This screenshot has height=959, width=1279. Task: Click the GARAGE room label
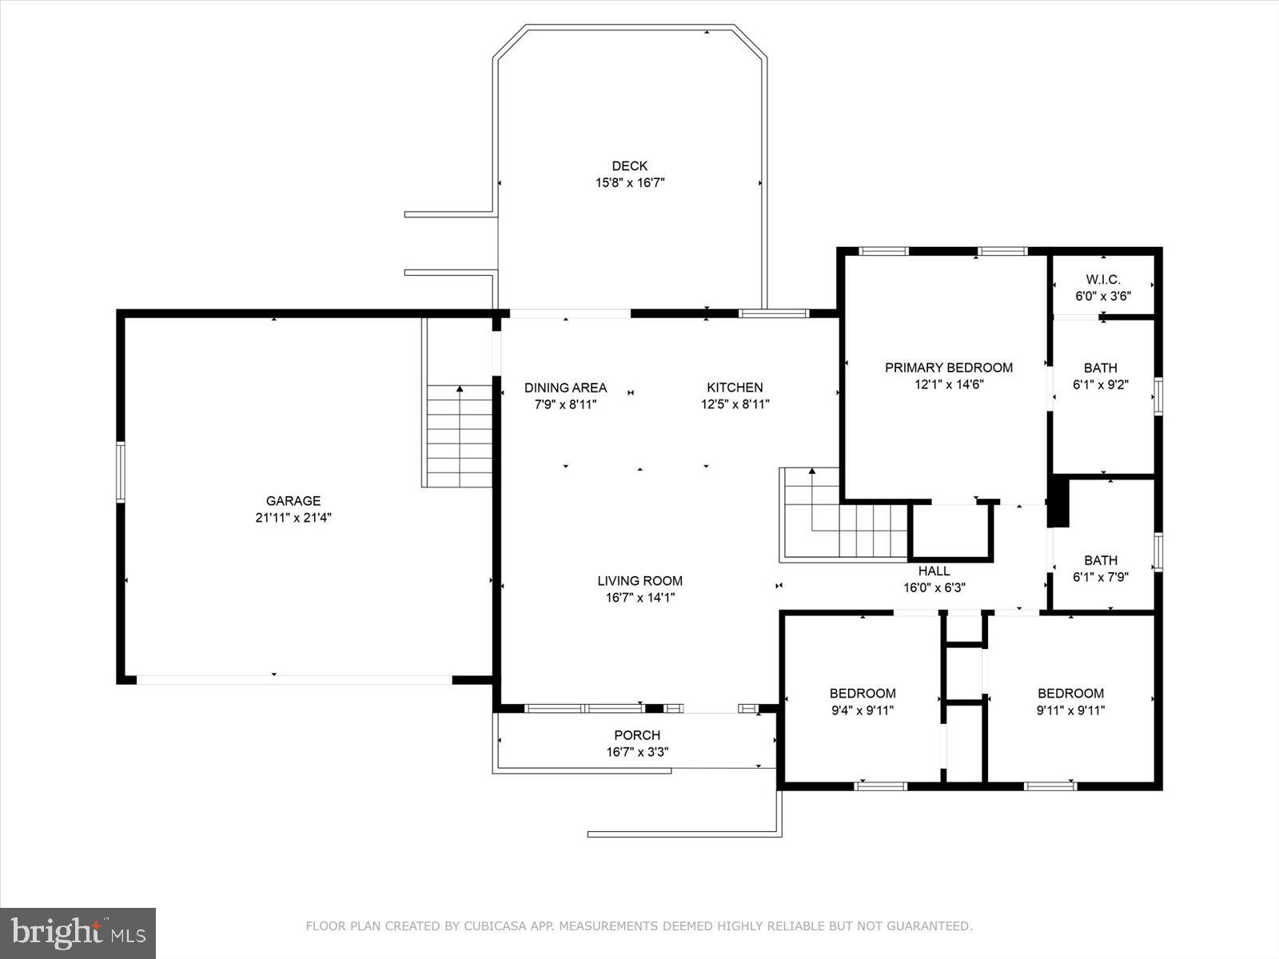[293, 501]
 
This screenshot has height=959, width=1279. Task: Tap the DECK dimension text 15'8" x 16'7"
[630, 183]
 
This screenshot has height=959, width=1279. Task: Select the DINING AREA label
[565, 388]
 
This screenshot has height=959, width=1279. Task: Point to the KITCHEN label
[735, 388]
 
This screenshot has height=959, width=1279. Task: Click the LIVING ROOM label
[640, 581]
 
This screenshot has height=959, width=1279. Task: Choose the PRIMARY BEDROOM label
[948, 368]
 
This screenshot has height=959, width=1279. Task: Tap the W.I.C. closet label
[1103, 280]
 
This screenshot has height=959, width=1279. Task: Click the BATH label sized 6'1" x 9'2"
[1101, 368]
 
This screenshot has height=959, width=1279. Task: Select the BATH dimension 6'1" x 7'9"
[1101, 577]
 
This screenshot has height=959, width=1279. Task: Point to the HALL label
[934, 571]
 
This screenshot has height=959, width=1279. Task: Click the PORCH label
[637, 735]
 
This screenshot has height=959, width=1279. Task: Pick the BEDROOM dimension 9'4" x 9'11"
[862, 710]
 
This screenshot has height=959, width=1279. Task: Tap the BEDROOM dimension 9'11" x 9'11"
[1070, 710]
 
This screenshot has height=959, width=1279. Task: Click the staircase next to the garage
[459, 436]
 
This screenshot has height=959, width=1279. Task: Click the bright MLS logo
[78, 933]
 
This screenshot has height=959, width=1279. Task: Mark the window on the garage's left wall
[121, 472]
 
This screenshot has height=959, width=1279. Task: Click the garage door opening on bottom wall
[294, 679]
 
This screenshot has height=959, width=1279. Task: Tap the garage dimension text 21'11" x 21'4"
[293, 518]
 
